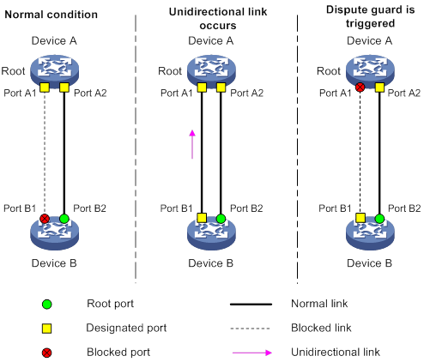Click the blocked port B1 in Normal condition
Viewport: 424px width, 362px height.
pyautogui.click(x=45, y=219)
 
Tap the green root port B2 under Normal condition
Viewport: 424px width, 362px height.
pyautogui.click(x=64, y=219)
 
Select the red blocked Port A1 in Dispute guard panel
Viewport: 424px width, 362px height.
pyautogui.click(x=360, y=87)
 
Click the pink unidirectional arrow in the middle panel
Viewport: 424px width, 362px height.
pyautogui.click(x=192, y=144)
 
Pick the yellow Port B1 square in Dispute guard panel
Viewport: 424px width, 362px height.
pyautogui.click(x=360, y=218)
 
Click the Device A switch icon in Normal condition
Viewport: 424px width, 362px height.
pyautogui.click(x=54, y=70)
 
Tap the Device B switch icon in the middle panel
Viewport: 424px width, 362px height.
pyautogui.click(x=211, y=233)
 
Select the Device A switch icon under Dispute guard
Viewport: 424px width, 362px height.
pyautogui.click(x=370, y=70)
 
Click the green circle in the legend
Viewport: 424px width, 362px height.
pyautogui.click(x=47, y=305)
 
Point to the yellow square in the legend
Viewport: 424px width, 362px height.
pyautogui.click(x=47, y=329)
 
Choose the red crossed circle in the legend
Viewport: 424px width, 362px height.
pyautogui.click(x=47, y=353)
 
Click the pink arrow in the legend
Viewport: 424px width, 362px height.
pyautogui.click(x=252, y=353)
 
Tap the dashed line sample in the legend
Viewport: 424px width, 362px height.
pyautogui.click(x=250, y=329)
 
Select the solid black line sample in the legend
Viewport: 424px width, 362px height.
pyautogui.click(x=251, y=305)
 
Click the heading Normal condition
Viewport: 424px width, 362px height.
pyautogui.click(x=51, y=15)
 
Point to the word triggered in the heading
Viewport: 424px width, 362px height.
pyautogui.click(x=370, y=23)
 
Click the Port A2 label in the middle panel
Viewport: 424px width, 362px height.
pyautogui.click(x=246, y=94)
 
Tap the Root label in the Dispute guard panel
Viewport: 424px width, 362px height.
pyautogui.click(x=329, y=71)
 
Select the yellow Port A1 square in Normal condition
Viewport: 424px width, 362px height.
pyautogui.click(x=45, y=87)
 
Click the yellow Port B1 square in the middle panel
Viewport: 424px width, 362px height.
pyautogui.click(x=202, y=218)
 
